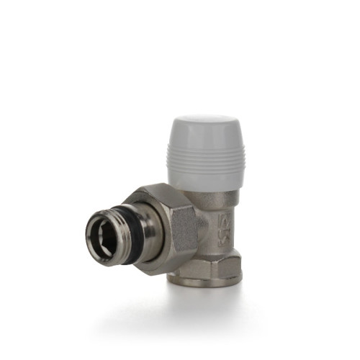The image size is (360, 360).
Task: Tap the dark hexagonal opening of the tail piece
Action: tap(102, 238)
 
